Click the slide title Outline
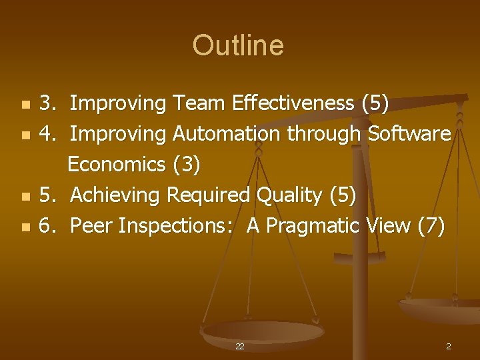click(238, 45)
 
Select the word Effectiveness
click(293, 103)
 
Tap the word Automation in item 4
click(227, 134)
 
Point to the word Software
click(409, 134)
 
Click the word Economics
click(117, 165)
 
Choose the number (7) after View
click(431, 226)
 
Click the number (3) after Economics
click(186, 165)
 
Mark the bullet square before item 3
click(25, 105)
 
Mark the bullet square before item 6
click(25, 227)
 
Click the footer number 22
click(240, 347)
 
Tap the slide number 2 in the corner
click(449, 347)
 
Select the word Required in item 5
click(208, 195)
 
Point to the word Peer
click(91, 226)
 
